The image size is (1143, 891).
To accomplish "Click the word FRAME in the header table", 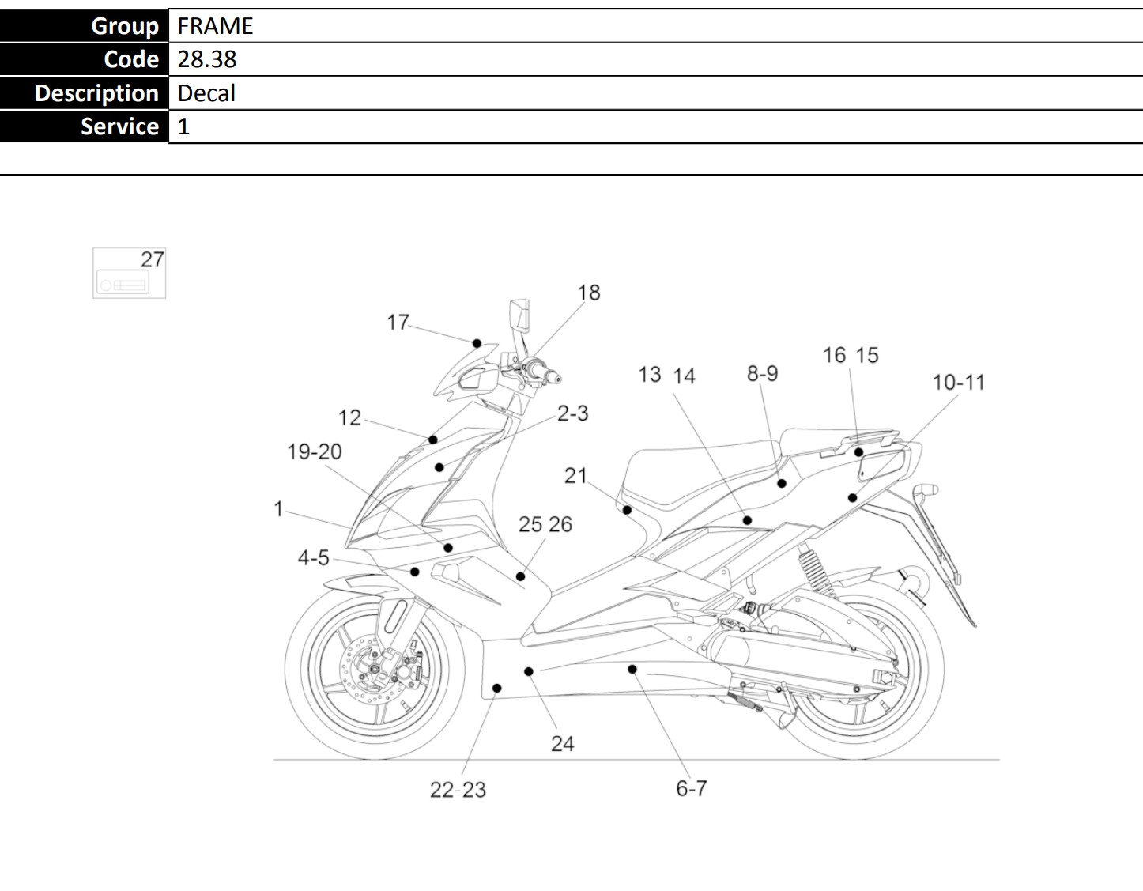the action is coord(215,26).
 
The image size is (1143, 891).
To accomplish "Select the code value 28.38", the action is coord(207,59).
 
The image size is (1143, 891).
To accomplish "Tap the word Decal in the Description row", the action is coord(206,93).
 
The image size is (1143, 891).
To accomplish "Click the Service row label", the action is coord(120,126).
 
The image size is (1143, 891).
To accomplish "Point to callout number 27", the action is coord(153,259).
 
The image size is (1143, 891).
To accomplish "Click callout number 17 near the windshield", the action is coord(398,322).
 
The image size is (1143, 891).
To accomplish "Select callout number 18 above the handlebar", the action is coord(589,293).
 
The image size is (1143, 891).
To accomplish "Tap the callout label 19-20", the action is coord(315,451).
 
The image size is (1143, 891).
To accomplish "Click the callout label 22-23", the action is coord(458,790).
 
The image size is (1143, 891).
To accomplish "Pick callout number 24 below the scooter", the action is coord(562,744).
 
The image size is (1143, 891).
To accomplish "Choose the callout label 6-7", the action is coord(691,788).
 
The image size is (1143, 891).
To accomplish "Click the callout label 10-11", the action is coord(958,383).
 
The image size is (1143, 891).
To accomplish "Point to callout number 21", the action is coord(575,475).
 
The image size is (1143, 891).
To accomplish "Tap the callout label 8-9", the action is coord(762,373).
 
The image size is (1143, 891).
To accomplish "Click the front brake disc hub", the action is coord(374,669).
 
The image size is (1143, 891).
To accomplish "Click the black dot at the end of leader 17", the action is coord(477,343).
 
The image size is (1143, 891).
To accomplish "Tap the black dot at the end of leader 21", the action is coord(627,510).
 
